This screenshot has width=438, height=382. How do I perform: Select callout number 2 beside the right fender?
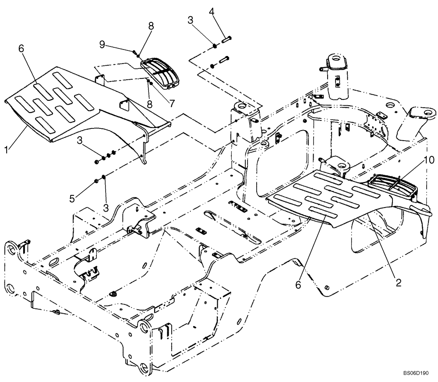399,283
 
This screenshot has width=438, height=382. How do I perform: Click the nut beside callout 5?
95,181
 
